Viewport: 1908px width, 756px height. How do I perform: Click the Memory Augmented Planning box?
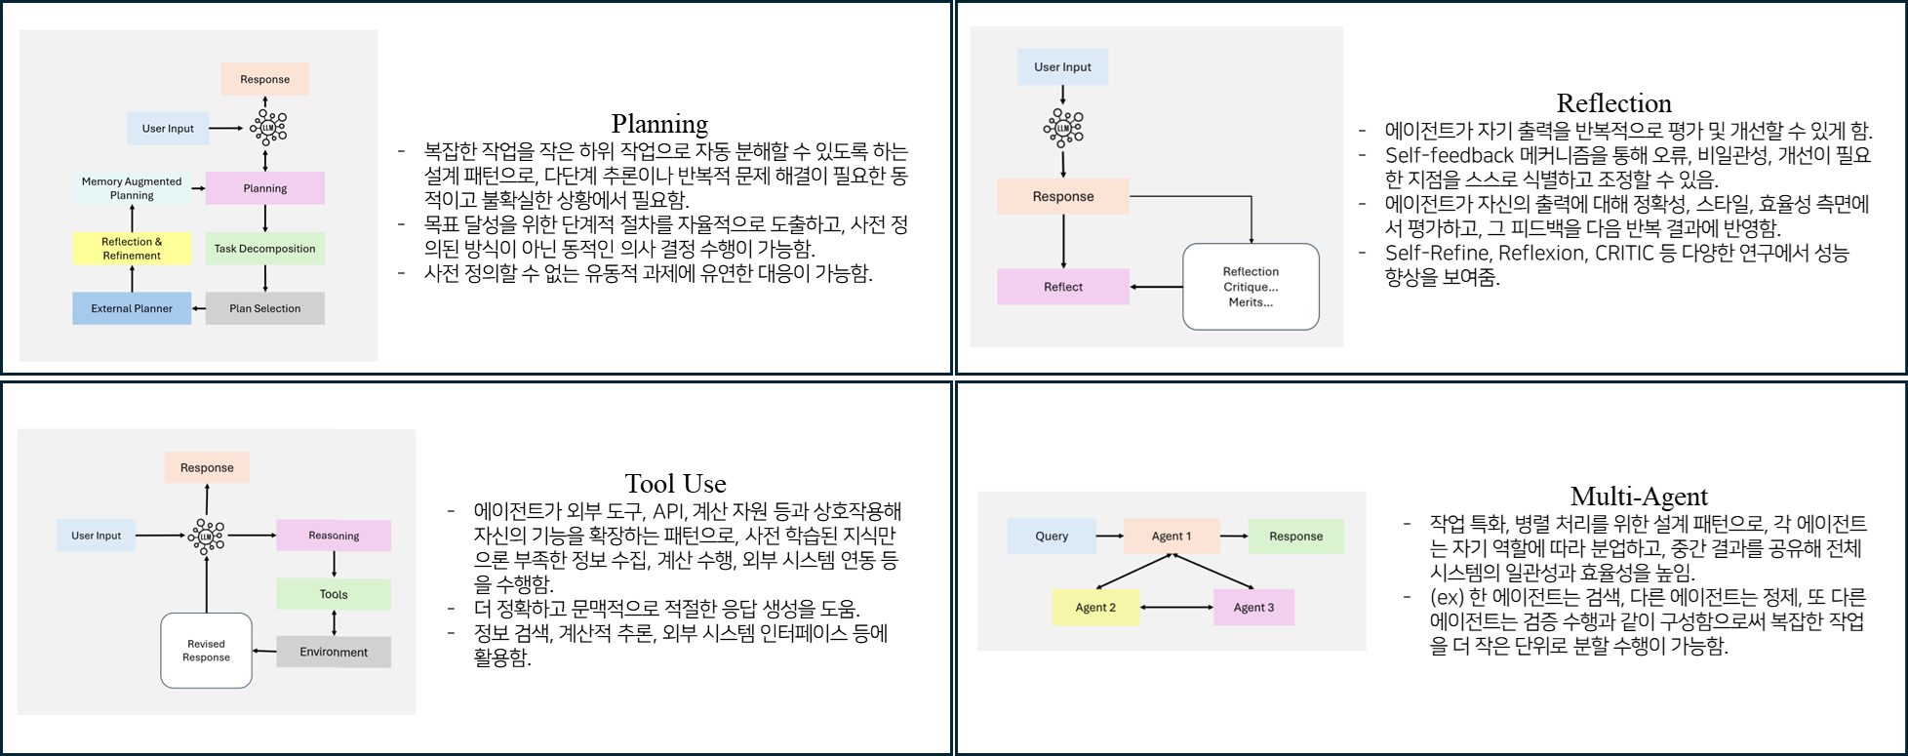[x=132, y=188]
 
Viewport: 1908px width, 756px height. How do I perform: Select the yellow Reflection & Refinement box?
[x=132, y=249]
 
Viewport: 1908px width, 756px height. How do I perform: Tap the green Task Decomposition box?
[x=264, y=249]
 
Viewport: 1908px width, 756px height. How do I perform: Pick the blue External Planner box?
[x=132, y=308]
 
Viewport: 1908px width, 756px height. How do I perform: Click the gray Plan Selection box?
[x=264, y=308]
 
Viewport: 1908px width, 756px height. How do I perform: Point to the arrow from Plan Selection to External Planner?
[x=199, y=308]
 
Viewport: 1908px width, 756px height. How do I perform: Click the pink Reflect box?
[x=1062, y=287]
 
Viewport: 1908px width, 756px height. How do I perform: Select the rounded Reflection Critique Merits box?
[x=1251, y=287]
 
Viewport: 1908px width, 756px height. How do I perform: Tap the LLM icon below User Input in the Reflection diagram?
[x=1062, y=128]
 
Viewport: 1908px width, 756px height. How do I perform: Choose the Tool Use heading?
[x=675, y=484]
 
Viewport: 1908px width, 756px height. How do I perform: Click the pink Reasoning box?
[x=334, y=536]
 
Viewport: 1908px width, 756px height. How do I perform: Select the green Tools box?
[x=334, y=594]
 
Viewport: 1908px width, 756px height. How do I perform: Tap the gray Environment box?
[x=334, y=652]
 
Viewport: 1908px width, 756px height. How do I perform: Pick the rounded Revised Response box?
[x=206, y=651]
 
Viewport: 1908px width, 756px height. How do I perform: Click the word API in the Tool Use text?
[x=668, y=512]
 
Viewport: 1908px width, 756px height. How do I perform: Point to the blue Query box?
[x=1052, y=536]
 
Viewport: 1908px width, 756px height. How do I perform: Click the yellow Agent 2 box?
[x=1095, y=607]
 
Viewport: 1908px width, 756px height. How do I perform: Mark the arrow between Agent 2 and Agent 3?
[x=1176, y=607]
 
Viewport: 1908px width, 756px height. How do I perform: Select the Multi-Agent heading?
[x=1639, y=497]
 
